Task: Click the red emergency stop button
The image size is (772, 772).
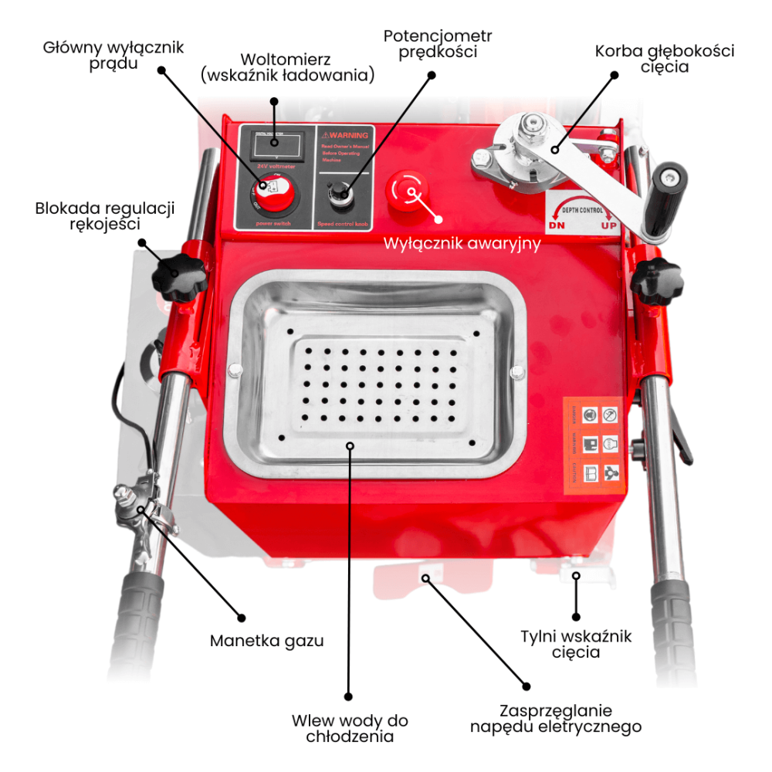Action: tap(407, 190)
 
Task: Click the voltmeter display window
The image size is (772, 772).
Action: tap(275, 144)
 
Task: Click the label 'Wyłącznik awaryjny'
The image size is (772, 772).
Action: tap(462, 243)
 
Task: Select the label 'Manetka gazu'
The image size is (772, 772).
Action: tap(266, 641)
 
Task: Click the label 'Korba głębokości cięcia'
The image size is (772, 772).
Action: tap(665, 59)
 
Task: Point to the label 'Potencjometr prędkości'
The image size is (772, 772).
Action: tap(437, 44)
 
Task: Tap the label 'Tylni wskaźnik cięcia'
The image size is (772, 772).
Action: tap(576, 644)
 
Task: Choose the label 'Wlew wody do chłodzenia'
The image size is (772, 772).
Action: tap(350, 728)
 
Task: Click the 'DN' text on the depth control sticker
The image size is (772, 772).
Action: tap(557, 226)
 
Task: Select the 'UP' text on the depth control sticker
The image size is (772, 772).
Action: tap(610, 226)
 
